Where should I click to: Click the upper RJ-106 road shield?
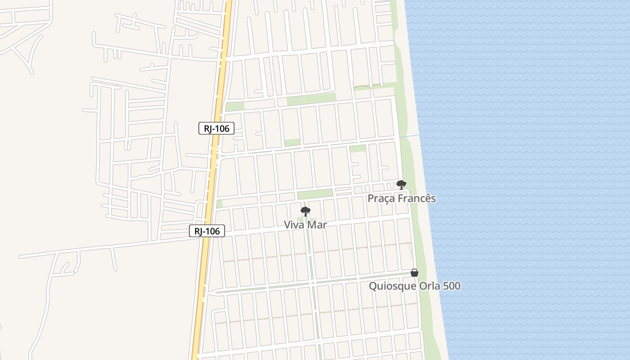pyautogui.click(x=216, y=128)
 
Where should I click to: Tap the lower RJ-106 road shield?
pyautogui.click(x=207, y=231)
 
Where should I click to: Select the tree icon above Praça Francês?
pyautogui.click(x=401, y=184)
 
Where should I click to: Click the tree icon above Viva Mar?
pyautogui.click(x=306, y=211)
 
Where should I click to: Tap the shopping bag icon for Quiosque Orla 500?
pyautogui.click(x=414, y=273)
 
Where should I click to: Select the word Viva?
pyautogui.click(x=294, y=225)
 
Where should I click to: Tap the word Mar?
pyautogui.click(x=317, y=225)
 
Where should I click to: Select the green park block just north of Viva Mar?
pyautogui.click(x=315, y=194)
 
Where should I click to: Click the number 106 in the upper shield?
pyautogui.click(x=222, y=128)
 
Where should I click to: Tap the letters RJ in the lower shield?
pyautogui.click(x=198, y=231)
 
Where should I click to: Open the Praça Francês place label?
pyautogui.click(x=401, y=198)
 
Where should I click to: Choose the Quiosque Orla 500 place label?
pyautogui.click(x=414, y=286)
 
